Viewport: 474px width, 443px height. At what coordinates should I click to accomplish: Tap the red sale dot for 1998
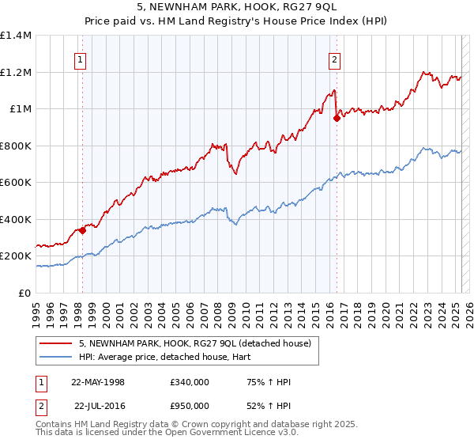pos(82,231)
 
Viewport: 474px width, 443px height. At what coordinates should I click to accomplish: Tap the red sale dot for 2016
pos(337,118)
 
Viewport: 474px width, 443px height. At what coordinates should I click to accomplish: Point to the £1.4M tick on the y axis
pos(16,36)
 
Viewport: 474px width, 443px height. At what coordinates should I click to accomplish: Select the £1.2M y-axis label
pos(16,72)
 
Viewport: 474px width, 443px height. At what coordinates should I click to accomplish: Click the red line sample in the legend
pos(55,343)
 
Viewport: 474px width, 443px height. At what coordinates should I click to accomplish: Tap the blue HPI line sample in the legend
pos(55,356)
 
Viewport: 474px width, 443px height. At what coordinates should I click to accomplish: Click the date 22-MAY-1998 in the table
pos(98,382)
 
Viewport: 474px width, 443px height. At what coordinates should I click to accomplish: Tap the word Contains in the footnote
pos(55,426)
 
